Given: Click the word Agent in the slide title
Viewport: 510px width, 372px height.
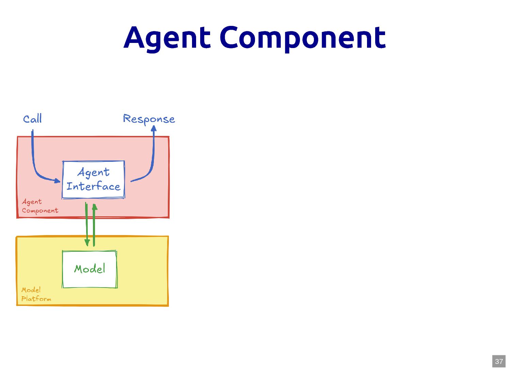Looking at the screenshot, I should pos(167,38).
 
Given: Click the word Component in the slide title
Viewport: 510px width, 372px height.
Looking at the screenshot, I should pos(303,38).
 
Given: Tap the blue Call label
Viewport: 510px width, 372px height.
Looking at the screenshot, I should pos(32,119).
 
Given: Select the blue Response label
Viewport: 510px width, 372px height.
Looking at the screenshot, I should pos(149,119).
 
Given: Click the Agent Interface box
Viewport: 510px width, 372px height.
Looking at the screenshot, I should pos(93,180).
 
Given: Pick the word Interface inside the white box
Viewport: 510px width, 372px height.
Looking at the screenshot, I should pos(93,186).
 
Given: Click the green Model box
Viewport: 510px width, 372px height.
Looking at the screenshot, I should pos(90,269).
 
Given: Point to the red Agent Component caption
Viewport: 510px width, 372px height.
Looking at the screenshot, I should pos(39,206).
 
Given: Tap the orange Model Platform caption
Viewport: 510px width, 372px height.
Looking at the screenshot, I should pos(36,294).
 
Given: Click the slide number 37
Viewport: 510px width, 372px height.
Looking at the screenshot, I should pos(499,361).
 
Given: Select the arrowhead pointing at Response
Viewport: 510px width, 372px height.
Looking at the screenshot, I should pos(154,128).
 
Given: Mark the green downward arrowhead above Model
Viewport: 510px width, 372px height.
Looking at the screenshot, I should pos(87,243).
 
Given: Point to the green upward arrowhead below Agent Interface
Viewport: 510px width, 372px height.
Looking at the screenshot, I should pos(95,206).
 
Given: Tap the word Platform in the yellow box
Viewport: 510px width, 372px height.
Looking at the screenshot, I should pos(36,299).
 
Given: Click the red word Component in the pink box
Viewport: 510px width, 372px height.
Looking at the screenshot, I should pos(40,211).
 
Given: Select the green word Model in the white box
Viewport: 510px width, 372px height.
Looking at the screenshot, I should pos(90,269).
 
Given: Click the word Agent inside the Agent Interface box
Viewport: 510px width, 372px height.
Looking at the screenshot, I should pos(94,172).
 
